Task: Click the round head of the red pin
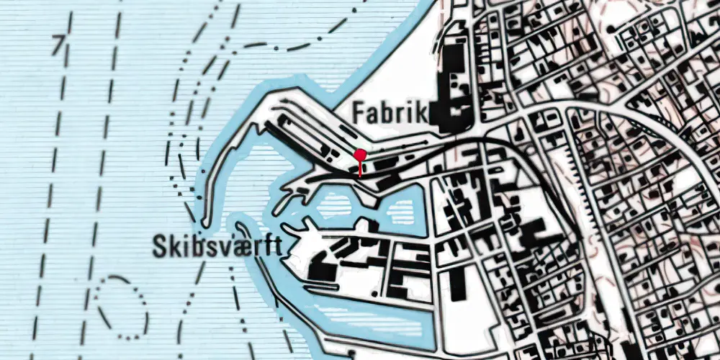pyautogui.click(x=360, y=154)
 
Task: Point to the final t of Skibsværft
pyautogui.click(x=276, y=247)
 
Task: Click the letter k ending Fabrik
pyautogui.click(x=422, y=112)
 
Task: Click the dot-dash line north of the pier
pyautogui.click(x=288, y=48)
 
